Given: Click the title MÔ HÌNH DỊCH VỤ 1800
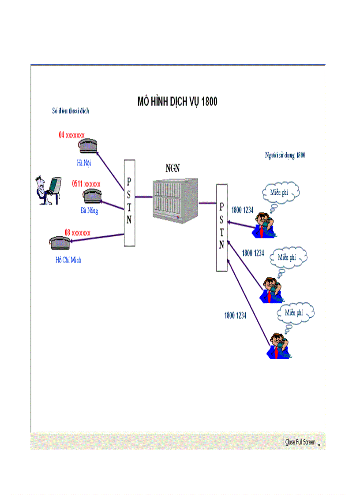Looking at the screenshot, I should [177, 102].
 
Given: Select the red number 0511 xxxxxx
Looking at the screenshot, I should [86, 184].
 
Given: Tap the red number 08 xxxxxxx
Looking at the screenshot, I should [78, 232].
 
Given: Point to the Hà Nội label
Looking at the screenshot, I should [83, 163].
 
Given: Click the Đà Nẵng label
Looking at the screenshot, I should [89, 211].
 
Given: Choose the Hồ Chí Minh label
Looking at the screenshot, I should [68, 260].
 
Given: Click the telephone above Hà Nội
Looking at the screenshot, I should [88, 145].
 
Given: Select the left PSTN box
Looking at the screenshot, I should [129, 203].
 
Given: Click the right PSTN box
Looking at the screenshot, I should [221, 228].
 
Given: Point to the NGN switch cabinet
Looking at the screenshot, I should [175, 198].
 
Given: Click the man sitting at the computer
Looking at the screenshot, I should [48, 190].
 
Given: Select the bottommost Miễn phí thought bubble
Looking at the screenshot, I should [295, 313].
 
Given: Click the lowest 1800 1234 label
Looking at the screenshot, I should [235, 316].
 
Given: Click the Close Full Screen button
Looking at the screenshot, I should [300, 442].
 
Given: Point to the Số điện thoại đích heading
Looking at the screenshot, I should [70, 111].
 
